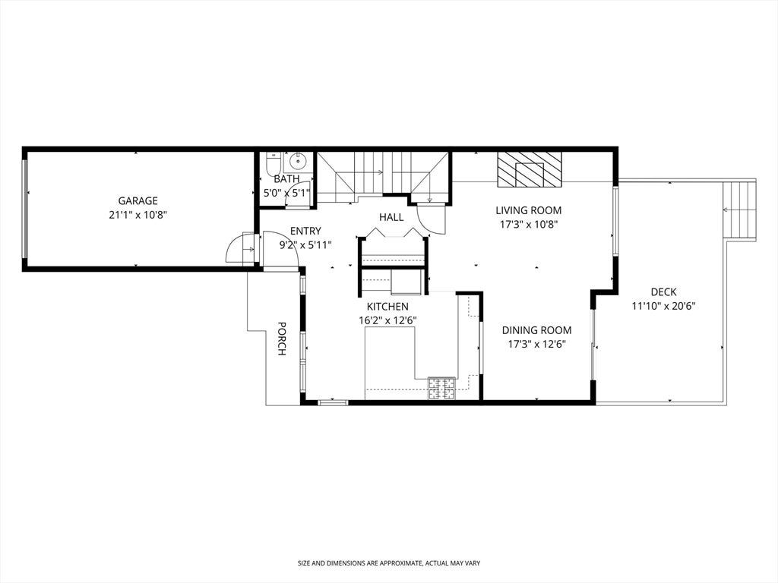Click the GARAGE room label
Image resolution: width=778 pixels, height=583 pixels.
coord(138,200)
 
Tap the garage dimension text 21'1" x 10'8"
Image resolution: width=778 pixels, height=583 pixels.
coord(138,215)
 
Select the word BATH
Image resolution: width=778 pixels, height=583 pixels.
coord(286,179)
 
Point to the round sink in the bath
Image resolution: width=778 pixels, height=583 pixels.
coord(298,162)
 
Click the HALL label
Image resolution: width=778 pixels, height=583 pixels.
coord(391,217)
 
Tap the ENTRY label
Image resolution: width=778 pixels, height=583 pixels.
coord(305,231)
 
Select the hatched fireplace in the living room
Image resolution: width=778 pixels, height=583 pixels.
coord(530,169)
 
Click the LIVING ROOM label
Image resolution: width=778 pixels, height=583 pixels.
coord(529,210)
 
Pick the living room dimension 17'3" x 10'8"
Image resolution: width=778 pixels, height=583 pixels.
coord(529,225)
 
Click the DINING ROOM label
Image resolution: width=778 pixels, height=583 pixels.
coord(537,330)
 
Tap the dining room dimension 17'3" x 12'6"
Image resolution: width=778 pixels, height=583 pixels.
coord(537,344)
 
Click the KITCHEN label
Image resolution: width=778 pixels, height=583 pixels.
coord(387,307)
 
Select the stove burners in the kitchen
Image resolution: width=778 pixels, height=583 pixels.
coord(441,388)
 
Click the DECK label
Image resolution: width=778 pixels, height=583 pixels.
coord(663,292)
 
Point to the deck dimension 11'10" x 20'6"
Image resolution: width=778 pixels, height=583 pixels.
coord(663,307)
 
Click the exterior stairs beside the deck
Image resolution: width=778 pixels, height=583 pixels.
coord(739,211)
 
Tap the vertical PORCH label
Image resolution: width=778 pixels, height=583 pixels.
coord(281,339)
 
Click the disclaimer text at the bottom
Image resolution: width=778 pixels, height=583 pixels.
coord(389,563)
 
